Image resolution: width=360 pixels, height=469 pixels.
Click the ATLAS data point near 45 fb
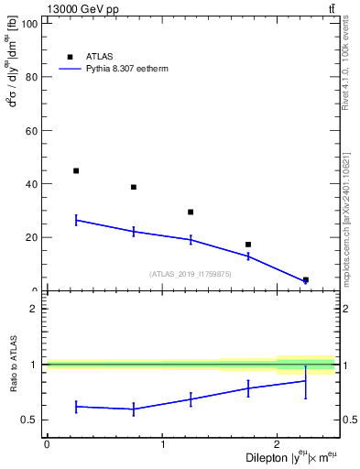tap(76, 170)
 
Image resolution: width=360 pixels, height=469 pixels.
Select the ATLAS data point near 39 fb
tap(134, 187)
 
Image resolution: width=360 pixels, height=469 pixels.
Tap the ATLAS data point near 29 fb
tap(191, 212)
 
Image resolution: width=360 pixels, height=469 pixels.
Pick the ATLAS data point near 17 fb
tap(248, 245)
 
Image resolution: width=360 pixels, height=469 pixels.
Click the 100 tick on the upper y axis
tap(27, 24)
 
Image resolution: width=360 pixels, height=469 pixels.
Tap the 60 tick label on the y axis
tap(30, 131)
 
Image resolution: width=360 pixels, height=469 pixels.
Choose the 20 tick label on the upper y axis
tap(30, 237)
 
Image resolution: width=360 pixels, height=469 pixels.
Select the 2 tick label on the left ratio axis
tap(34, 309)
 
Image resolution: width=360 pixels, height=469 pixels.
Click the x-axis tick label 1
tap(162, 443)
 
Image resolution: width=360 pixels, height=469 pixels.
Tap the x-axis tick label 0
tap(47, 443)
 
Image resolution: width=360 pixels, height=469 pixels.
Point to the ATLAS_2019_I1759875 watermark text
tap(191, 274)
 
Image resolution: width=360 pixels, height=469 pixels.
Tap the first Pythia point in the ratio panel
tap(76, 406)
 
